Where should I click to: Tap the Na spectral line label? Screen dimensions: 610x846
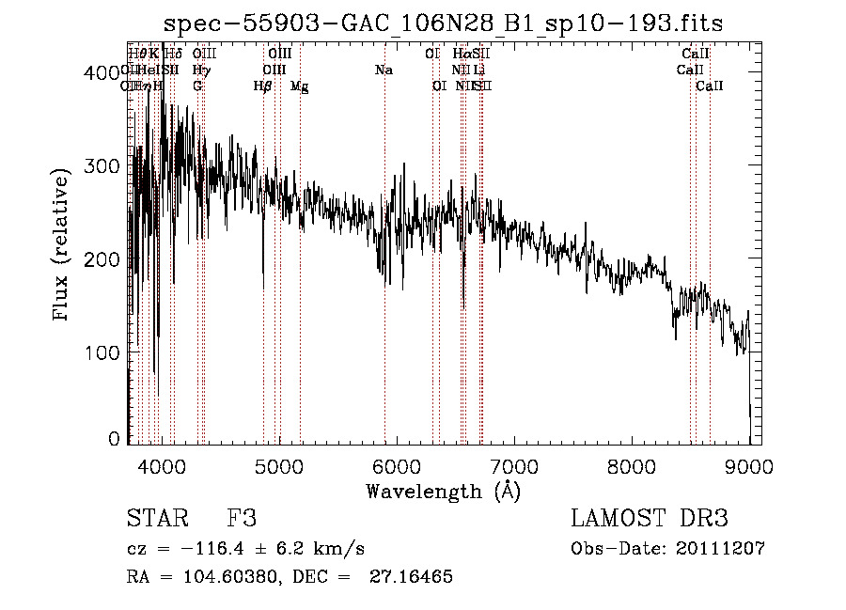pos(384,70)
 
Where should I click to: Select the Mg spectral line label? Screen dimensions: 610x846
pos(299,86)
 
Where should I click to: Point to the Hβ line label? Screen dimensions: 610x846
pos(263,86)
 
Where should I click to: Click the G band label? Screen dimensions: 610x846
pos(197,86)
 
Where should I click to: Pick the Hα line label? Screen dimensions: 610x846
pos(460,55)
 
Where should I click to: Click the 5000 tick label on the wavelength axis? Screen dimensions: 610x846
pos(278,464)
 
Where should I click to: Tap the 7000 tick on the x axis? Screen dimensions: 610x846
pos(514,464)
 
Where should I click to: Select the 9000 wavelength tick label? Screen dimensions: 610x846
pos(749,464)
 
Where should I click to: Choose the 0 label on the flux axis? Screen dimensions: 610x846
pos(114,439)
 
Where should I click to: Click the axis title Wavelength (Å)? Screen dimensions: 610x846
pos(443,491)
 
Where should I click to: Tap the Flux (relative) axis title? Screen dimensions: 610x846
pos(63,246)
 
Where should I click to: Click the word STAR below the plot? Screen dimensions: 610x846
pos(157,520)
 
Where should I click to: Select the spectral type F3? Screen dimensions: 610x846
pos(242,520)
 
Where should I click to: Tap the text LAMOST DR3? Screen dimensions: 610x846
pos(650,520)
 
